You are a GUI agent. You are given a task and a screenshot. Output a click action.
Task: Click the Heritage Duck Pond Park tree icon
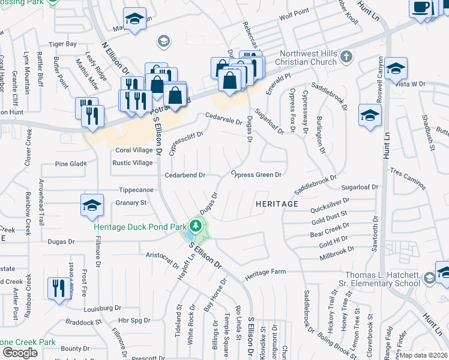(x=194, y=226)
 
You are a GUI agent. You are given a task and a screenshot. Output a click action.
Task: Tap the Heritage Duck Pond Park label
(x=140, y=227)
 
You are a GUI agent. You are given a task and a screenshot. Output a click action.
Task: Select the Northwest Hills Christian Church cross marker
(x=346, y=57)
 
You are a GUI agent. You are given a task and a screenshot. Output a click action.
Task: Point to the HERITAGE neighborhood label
(x=277, y=204)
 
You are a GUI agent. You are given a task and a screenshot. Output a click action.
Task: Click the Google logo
(x=20, y=353)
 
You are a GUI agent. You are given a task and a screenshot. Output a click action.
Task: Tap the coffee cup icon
(x=422, y=7)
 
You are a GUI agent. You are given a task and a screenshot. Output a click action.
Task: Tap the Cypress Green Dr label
(x=257, y=175)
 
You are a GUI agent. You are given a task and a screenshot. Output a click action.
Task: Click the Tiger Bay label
(x=62, y=44)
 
